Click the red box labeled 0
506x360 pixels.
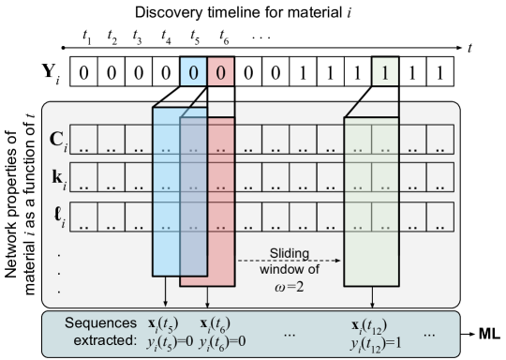pos(221,72)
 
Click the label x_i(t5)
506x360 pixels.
pos(166,323)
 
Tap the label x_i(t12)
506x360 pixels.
pos(369,323)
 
